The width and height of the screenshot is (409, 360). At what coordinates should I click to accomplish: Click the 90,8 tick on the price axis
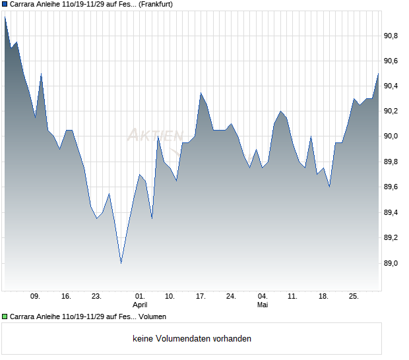[x=391, y=36]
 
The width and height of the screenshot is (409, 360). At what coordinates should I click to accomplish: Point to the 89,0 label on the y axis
[x=391, y=263]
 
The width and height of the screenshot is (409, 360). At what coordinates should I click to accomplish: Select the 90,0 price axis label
[x=391, y=136]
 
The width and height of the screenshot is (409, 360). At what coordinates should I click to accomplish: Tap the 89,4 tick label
[x=391, y=213]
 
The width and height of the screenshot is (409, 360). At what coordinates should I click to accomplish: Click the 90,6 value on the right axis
[x=391, y=61]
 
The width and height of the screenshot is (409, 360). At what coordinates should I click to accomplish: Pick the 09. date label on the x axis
[x=35, y=297]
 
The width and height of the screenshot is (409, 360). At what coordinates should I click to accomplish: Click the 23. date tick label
[x=96, y=297]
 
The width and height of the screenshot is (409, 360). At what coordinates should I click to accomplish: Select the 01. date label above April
[x=140, y=297]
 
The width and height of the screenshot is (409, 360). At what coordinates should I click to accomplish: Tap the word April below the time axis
[x=140, y=305]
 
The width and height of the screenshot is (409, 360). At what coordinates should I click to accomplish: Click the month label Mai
[x=263, y=305]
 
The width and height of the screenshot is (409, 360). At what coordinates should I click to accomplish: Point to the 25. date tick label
[x=354, y=297]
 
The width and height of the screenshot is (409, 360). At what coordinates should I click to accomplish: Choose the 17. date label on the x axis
[x=201, y=297]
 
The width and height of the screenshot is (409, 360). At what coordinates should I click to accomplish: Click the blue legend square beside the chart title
[x=5, y=4]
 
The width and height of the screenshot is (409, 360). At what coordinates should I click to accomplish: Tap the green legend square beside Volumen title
[x=5, y=316]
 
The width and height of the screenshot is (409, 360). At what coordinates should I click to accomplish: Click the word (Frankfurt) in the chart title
[x=156, y=5]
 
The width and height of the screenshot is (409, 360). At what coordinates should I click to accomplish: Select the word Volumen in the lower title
[x=152, y=316]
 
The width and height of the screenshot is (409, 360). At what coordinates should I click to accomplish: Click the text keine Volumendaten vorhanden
[x=192, y=339]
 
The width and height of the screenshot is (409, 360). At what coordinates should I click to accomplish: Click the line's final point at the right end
[x=378, y=74]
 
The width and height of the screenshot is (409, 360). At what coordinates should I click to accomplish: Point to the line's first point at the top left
[x=5, y=17]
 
